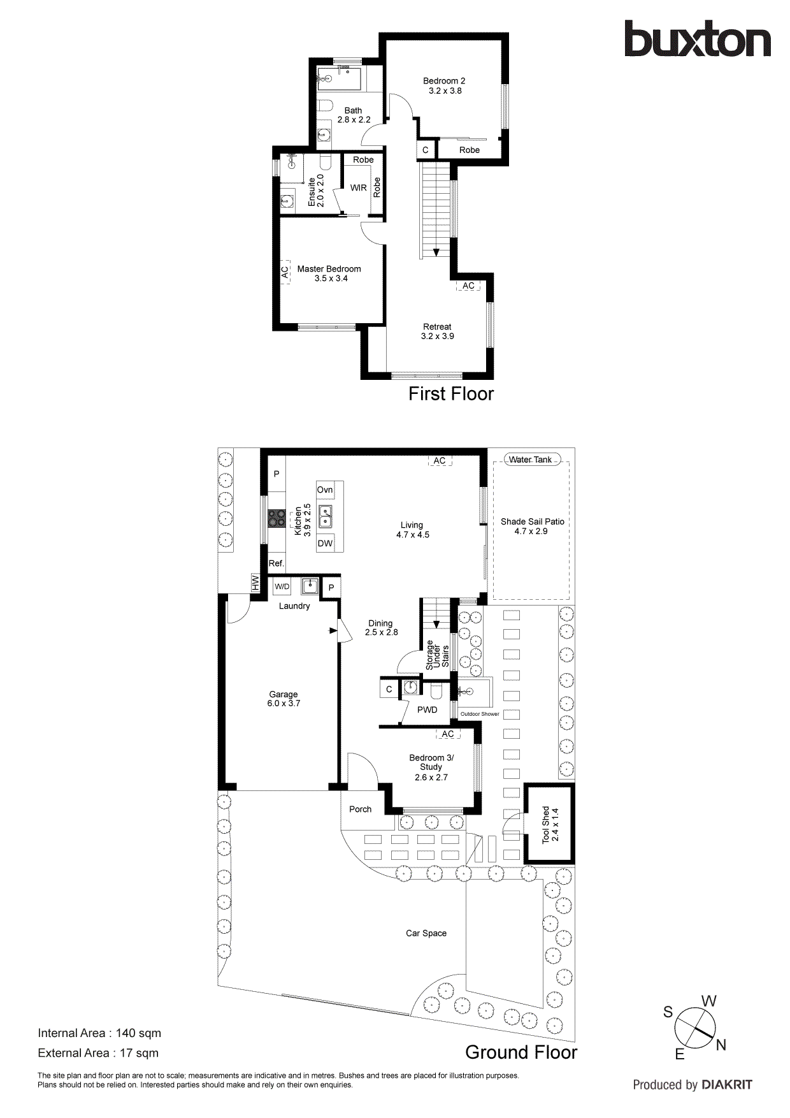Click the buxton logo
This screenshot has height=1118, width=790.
pos(697,40)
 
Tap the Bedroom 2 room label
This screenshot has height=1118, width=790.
pos(445,85)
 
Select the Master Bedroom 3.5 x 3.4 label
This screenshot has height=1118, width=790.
pos(329,273)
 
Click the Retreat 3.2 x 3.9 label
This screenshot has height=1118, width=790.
pos(437,331)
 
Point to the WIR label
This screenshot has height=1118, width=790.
pos(359,188)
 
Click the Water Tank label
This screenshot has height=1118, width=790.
pos(530,460)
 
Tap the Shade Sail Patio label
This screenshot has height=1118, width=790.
pos(532,526)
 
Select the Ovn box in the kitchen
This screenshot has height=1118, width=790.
pos(325,490)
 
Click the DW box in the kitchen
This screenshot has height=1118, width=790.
pos(325,544)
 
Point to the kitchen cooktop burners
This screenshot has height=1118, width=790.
pos(276,518)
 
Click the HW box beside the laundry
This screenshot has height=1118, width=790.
pos(255,582)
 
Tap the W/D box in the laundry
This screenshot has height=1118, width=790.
pos(282,586)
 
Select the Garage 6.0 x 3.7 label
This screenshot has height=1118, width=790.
pos(284,699)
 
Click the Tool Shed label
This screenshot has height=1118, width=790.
pos(550,825)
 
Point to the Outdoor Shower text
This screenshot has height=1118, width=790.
pos(480,714)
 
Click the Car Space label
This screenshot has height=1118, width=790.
pos(426,933)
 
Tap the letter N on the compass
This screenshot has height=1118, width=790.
pos(721,1045)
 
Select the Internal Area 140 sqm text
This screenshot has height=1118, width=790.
pos(99,1033)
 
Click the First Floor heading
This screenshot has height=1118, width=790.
pos(451,394)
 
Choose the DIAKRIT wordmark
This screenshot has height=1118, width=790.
pos(727,1085)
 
